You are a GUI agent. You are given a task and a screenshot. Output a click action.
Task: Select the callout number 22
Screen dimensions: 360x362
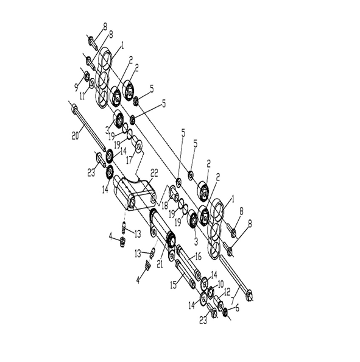(154, 173)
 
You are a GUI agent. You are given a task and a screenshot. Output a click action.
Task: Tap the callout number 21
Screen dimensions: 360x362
(160, 264)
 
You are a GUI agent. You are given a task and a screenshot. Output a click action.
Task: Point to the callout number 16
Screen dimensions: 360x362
(198, 256)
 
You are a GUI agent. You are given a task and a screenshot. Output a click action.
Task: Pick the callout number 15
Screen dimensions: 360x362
(174, 285)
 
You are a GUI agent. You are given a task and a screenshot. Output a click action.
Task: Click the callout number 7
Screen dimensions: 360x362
(233, 300)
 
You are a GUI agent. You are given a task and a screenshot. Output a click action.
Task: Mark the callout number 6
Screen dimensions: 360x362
(237, 308)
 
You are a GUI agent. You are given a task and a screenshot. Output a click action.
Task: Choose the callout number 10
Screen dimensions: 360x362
(221, 284)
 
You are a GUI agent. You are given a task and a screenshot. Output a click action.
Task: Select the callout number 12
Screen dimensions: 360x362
(227, 292)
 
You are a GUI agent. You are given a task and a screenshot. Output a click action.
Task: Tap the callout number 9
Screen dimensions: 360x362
(76, 87)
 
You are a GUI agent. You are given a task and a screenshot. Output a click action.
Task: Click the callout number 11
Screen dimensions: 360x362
(82, 96)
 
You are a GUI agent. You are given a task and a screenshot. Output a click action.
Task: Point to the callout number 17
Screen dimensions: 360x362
(130, 160)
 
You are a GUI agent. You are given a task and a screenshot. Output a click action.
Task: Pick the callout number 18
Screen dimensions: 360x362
(164, 205)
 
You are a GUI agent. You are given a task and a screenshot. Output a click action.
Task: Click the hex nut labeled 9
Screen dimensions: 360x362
(86, 76)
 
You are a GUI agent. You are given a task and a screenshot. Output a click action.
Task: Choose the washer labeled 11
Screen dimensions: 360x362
(91, 83)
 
